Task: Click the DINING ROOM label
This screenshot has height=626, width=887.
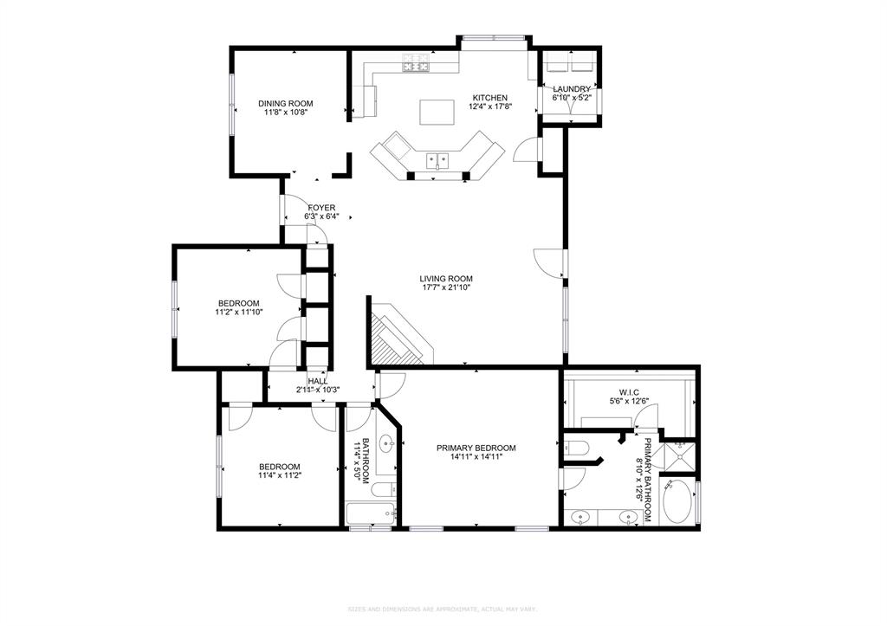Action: click(285, 103)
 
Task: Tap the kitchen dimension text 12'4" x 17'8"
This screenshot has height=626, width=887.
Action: click(489, 107)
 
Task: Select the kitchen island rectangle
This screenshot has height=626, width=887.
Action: click(437, 113)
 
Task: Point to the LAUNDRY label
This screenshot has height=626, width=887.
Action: click(572, 89)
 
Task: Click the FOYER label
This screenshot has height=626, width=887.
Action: click(320, 207)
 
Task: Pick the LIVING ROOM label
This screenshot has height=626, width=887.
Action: click(447, 279)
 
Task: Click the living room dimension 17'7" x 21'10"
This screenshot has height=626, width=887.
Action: click(447, 288)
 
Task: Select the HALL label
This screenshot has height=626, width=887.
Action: click(318, 380)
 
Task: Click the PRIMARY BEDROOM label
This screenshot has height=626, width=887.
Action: click(476, 448)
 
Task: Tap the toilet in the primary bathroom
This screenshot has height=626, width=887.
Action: click(576, 448)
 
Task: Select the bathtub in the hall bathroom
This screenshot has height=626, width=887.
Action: click(371, 514)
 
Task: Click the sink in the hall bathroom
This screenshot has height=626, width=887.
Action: click(386, 451)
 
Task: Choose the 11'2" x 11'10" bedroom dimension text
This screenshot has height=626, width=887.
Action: click(238, 313)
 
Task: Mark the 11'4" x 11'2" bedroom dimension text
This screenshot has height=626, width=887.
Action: click(279, 475)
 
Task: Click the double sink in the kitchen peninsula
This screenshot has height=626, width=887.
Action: click(437, 159)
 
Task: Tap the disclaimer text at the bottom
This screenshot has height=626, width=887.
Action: click(443, 610)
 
